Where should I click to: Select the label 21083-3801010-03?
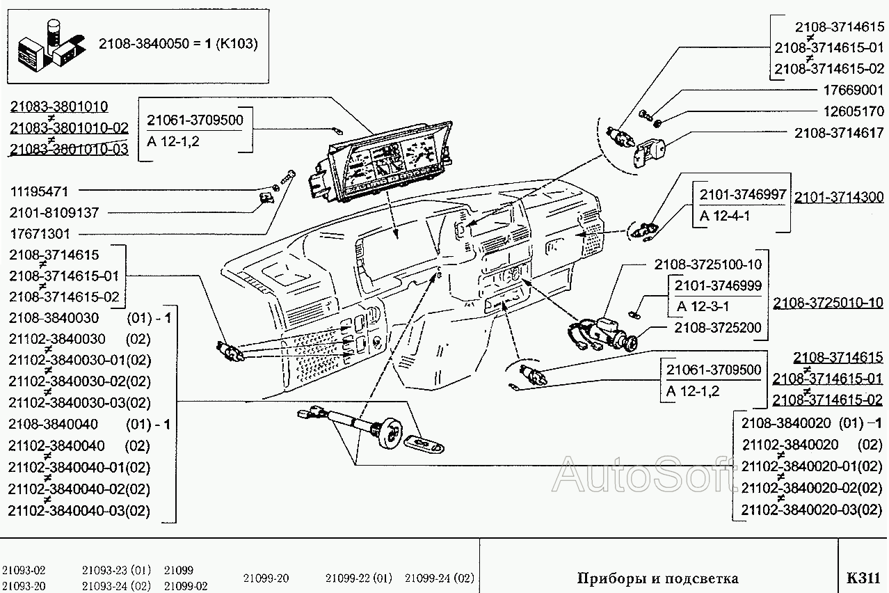coord(69,149)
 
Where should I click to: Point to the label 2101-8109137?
coord(54,212)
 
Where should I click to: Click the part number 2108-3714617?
coord(839,132)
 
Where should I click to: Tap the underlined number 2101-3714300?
coord(839,197)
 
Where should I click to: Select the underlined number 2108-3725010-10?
coord(828,303)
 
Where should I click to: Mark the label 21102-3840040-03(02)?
coord(79,510)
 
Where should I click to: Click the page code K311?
coord(863,578)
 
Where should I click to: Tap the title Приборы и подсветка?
coord(657,578)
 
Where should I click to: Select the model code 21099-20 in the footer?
coord(266,578)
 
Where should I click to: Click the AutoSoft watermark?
coord(643,475)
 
